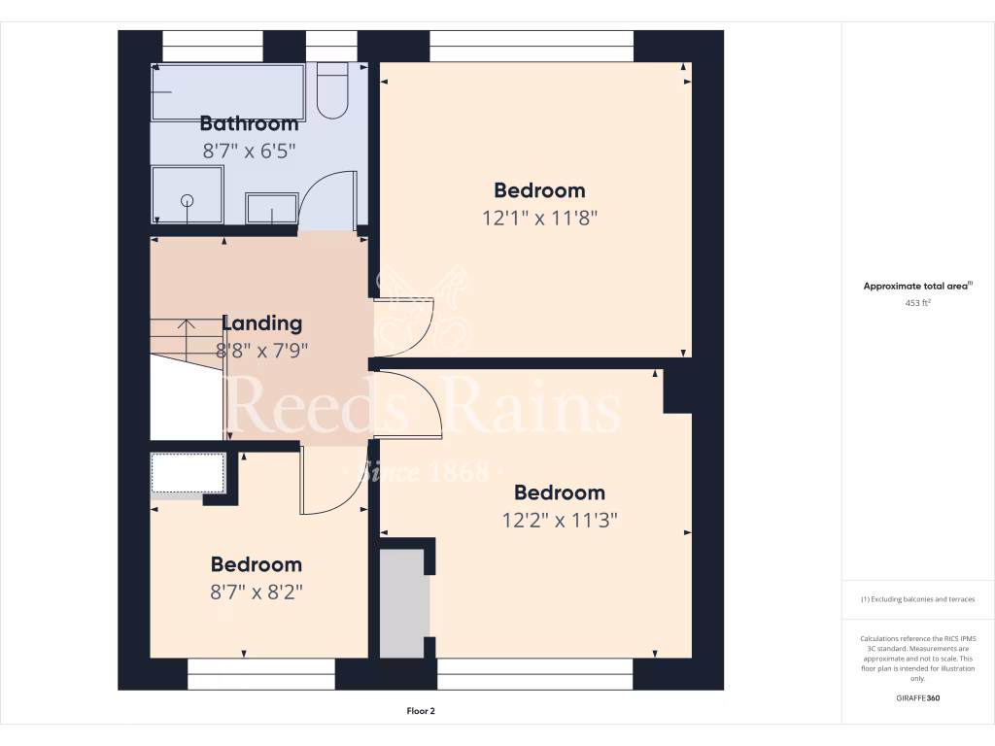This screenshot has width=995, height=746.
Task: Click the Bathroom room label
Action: point(249,123)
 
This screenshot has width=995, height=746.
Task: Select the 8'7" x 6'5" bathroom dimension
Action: point(249,151)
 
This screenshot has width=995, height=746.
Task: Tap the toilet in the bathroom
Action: point(332,92)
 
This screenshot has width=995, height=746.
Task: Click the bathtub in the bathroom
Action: point(227,91)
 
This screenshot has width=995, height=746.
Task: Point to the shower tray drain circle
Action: point(188,200)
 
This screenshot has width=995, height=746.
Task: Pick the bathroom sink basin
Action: point(272,208)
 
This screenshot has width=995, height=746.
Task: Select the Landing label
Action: point(262,323)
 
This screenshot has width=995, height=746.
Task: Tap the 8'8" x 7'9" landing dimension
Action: point(262,351)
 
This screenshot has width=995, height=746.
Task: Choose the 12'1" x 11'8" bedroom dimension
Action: point(539,218)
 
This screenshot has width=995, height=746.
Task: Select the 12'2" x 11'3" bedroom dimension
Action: point(560,520)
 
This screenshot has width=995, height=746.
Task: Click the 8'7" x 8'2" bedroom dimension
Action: point(257,592)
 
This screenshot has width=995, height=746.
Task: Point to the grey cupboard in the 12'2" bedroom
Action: point(403,603)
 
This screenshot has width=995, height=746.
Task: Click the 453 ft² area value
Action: point(917,303)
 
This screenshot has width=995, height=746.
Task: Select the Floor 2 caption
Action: point(421,711)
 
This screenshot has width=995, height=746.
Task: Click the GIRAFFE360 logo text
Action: point(918,698)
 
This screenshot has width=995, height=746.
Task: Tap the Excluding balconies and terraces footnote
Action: point(917,599)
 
